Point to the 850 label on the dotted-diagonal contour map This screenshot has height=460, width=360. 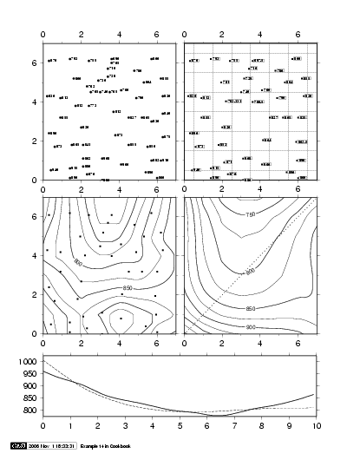tap(277, 308)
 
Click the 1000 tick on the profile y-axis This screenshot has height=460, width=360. tap(29, 361)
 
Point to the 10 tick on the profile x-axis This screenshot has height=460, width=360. tap(317, 426)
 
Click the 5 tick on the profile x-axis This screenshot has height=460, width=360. tap(180, 426)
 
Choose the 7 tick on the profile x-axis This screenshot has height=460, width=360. tap(235, 426)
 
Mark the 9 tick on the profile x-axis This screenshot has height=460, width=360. tap(290, 426)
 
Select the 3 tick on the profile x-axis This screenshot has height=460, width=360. tap(126, 426)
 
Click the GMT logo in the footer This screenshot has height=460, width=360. tap(16, 446)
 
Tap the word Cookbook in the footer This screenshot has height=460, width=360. tap(118, 446)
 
